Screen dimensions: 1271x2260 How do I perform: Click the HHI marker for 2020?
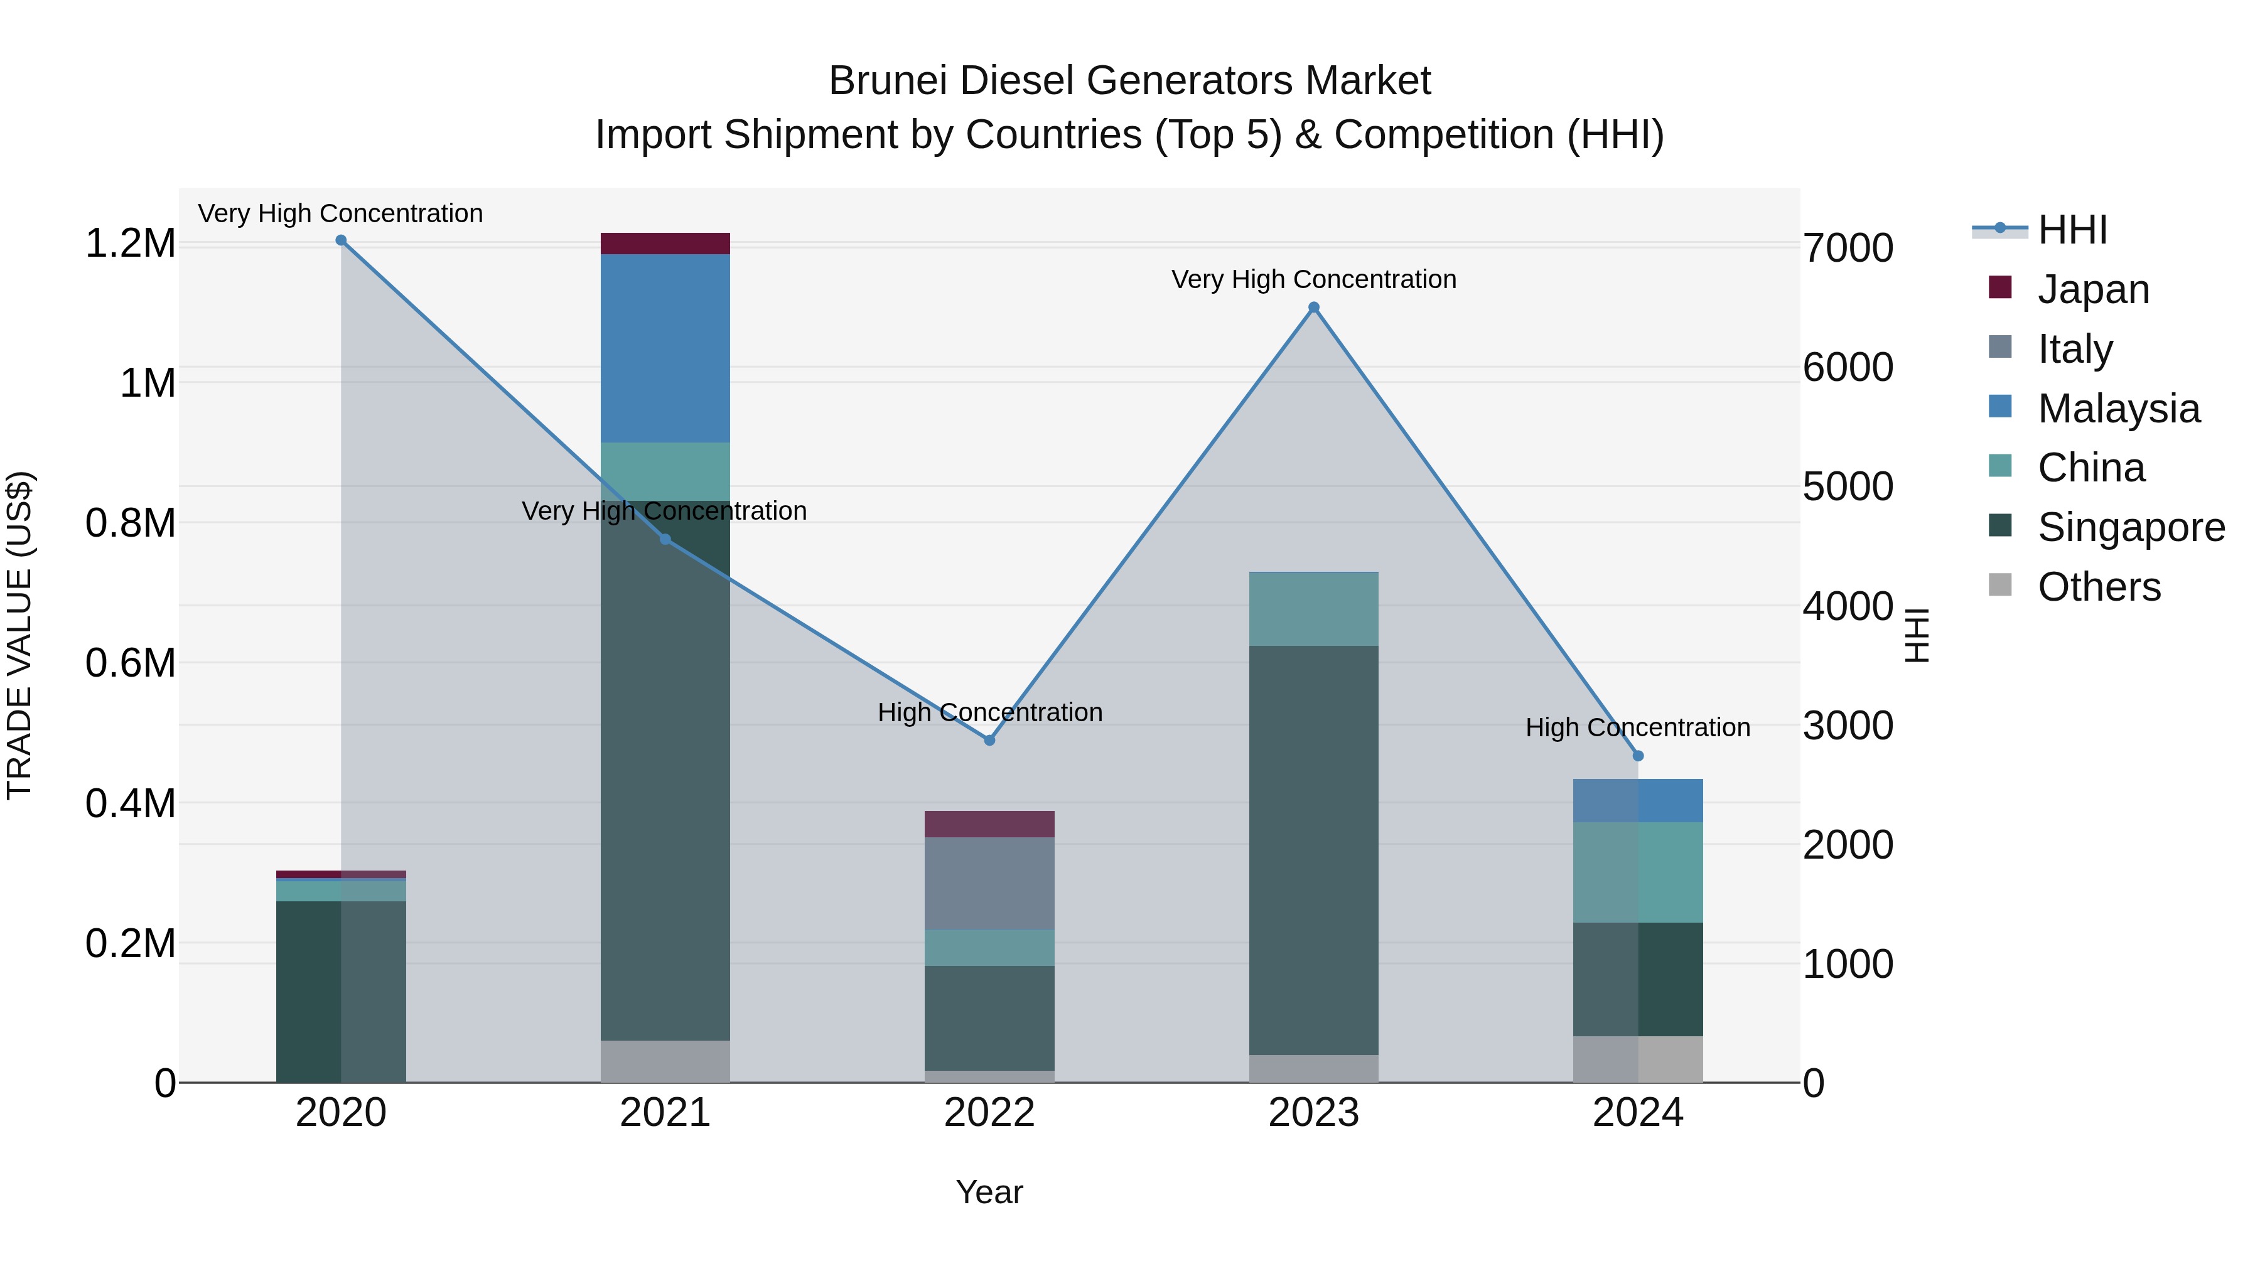pos(342,240)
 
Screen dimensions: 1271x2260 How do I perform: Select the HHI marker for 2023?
pos(1313,307)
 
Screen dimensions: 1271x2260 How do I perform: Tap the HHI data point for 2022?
pos(989,741)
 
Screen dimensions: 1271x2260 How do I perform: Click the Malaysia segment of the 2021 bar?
pos(665,348)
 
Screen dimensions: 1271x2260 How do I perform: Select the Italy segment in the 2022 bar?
pos(989,883)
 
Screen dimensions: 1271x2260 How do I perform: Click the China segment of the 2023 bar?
pos(1313,609)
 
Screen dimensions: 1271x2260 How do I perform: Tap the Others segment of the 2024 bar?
pos(1638,1059)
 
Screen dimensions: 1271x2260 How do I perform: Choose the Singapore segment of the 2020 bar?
pos(342,991)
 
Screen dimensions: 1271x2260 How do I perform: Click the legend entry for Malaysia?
pos(2118,409)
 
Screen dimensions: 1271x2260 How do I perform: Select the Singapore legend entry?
pos(2130,527)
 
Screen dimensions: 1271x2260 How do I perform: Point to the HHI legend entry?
pos(2072,230)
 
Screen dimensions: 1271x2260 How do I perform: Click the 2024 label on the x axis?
pos(1637,1113)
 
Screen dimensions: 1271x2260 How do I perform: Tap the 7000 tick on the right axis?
pos(1848,248)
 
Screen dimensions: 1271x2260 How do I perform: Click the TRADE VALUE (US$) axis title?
pos(20,635)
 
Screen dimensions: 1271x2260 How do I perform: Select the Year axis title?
pos(989,1192)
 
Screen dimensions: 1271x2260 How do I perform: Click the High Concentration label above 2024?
pos(1637,727)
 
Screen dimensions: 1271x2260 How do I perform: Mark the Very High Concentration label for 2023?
pos(1313,279)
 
